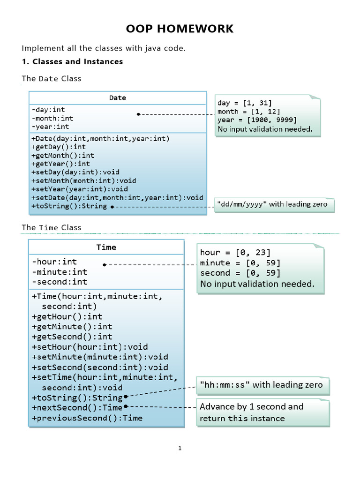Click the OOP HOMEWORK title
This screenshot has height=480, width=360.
(180, 29)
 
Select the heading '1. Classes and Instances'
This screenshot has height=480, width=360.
(73, 61)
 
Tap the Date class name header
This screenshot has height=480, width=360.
(118, 97)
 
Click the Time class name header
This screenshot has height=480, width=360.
(106, 247)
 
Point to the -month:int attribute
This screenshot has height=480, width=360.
(52, 118)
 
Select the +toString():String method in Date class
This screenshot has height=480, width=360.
(69, 206)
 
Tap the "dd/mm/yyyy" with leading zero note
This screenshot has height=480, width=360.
(271, 204)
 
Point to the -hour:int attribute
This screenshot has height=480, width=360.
(54, 262)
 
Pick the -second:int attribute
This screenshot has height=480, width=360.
(60, 282)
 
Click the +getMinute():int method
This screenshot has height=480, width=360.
(72, 326)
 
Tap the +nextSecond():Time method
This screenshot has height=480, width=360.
(77, 408)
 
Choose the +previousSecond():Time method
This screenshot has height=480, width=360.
(87, 418)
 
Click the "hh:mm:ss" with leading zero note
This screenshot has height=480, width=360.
(261, 385)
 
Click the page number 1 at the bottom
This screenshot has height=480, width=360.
(180, 448)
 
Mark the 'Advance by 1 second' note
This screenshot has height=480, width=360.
(251, 412)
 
